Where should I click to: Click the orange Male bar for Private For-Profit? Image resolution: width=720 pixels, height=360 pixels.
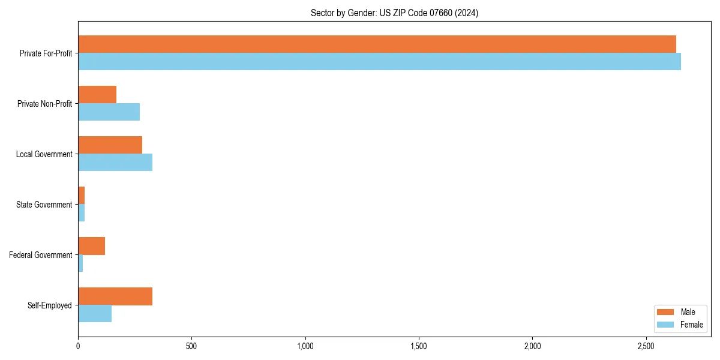pos(377,44)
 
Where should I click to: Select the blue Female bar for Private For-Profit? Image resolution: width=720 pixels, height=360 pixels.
pos(379,62)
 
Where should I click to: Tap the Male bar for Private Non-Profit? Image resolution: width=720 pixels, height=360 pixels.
pos(97,95)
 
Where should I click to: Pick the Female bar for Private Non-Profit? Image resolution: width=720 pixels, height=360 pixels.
pos(109,112)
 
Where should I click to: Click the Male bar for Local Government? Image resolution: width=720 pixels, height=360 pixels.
pos(110,145)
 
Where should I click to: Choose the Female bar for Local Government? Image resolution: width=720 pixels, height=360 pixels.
pos(115,163)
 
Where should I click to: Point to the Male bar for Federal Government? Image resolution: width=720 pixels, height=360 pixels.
pos(91,246)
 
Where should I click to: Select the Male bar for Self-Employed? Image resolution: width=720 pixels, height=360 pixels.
pos(115,296)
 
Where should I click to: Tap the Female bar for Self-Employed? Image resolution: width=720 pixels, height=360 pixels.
pos(95,314)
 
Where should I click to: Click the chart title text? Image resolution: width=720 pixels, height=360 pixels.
pos(394,13)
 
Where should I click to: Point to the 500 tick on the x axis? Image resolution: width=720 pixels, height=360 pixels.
pos(191,346)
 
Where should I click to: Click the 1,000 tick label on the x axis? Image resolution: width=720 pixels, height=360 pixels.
pos(305,346)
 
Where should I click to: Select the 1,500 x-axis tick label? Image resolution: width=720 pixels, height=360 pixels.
pos(419,346)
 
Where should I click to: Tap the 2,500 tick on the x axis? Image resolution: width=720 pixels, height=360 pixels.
pos(646,346)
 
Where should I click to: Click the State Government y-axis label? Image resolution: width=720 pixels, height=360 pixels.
pos(44,205)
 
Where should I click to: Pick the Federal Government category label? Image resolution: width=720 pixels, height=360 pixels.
pos(41,255)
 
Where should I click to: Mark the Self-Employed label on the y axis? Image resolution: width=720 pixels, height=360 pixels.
pos(50,305)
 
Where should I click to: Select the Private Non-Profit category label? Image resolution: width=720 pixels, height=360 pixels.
pos(44,104)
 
